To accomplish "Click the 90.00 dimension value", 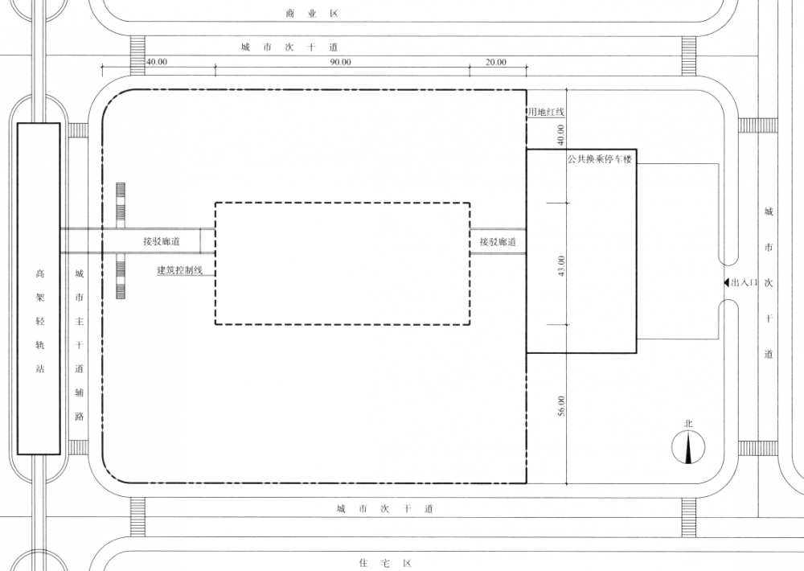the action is click(340, 62).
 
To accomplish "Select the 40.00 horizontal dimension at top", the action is click(157, 62).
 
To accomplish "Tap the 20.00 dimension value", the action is click(496, 62).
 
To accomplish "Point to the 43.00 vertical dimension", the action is click(561, 265).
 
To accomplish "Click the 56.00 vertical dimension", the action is click(561, 406).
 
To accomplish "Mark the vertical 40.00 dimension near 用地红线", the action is click(560, 135).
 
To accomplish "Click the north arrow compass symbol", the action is click(688, 447).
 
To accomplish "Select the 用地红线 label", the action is click(547, 111).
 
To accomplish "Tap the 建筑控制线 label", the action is click(179, 270).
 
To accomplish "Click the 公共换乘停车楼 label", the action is click(600, 159).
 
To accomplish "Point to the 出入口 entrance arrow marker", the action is click(726, 282).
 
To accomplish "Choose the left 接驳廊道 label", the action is click(162, 241).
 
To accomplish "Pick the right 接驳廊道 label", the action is click(498, 241).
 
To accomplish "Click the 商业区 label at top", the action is click(312, 14).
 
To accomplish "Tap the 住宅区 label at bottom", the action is click(386, 563).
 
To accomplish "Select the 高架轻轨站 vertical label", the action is click(40, 321).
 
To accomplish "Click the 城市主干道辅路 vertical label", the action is click(79, 345).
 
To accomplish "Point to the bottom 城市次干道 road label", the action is click(385, 509).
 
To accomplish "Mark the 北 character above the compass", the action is click(688, 424).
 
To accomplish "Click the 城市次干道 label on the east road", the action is click(768, 282).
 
